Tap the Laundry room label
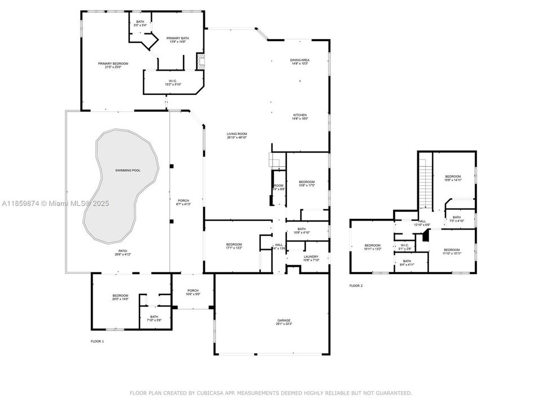pyautogui.click(x=311, y=258)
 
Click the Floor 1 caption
pyautogui.click(x=97, y=341)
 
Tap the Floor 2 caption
pyautogui.click(x=356, y=286)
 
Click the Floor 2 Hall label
pyautogui.click(x=422, y=223)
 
